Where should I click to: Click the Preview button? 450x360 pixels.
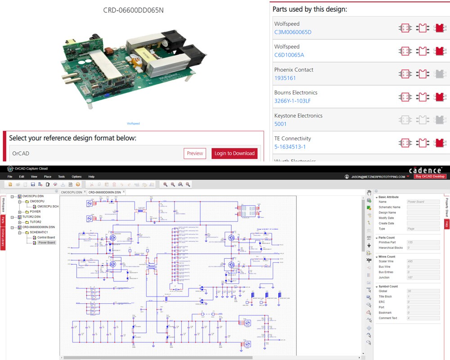(x=195, y=153)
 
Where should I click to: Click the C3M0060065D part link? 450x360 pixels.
(x=292, y=32)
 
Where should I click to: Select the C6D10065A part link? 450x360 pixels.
(x=289, y=55)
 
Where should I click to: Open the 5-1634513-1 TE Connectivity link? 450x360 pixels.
(x=290, y=147)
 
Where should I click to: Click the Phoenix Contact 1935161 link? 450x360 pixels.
(x=285, y=78)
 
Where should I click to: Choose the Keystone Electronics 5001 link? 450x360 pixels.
(x=280, y=124)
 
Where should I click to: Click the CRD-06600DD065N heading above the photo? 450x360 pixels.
(x=133, y=10)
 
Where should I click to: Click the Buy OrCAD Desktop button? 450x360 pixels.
(x=430, y=176)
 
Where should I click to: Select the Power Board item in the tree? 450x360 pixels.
(x=46, y=243)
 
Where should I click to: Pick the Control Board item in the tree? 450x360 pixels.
(x=46, y=237)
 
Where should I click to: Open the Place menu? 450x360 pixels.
(x=47, y=177)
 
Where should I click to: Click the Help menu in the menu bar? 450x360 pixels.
(x=91, y=177)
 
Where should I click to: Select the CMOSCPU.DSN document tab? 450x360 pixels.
(x=72, y=192)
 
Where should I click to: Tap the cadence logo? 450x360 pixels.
(x=425, y=170)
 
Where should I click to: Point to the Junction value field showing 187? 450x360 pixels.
(x=423, y=277)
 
